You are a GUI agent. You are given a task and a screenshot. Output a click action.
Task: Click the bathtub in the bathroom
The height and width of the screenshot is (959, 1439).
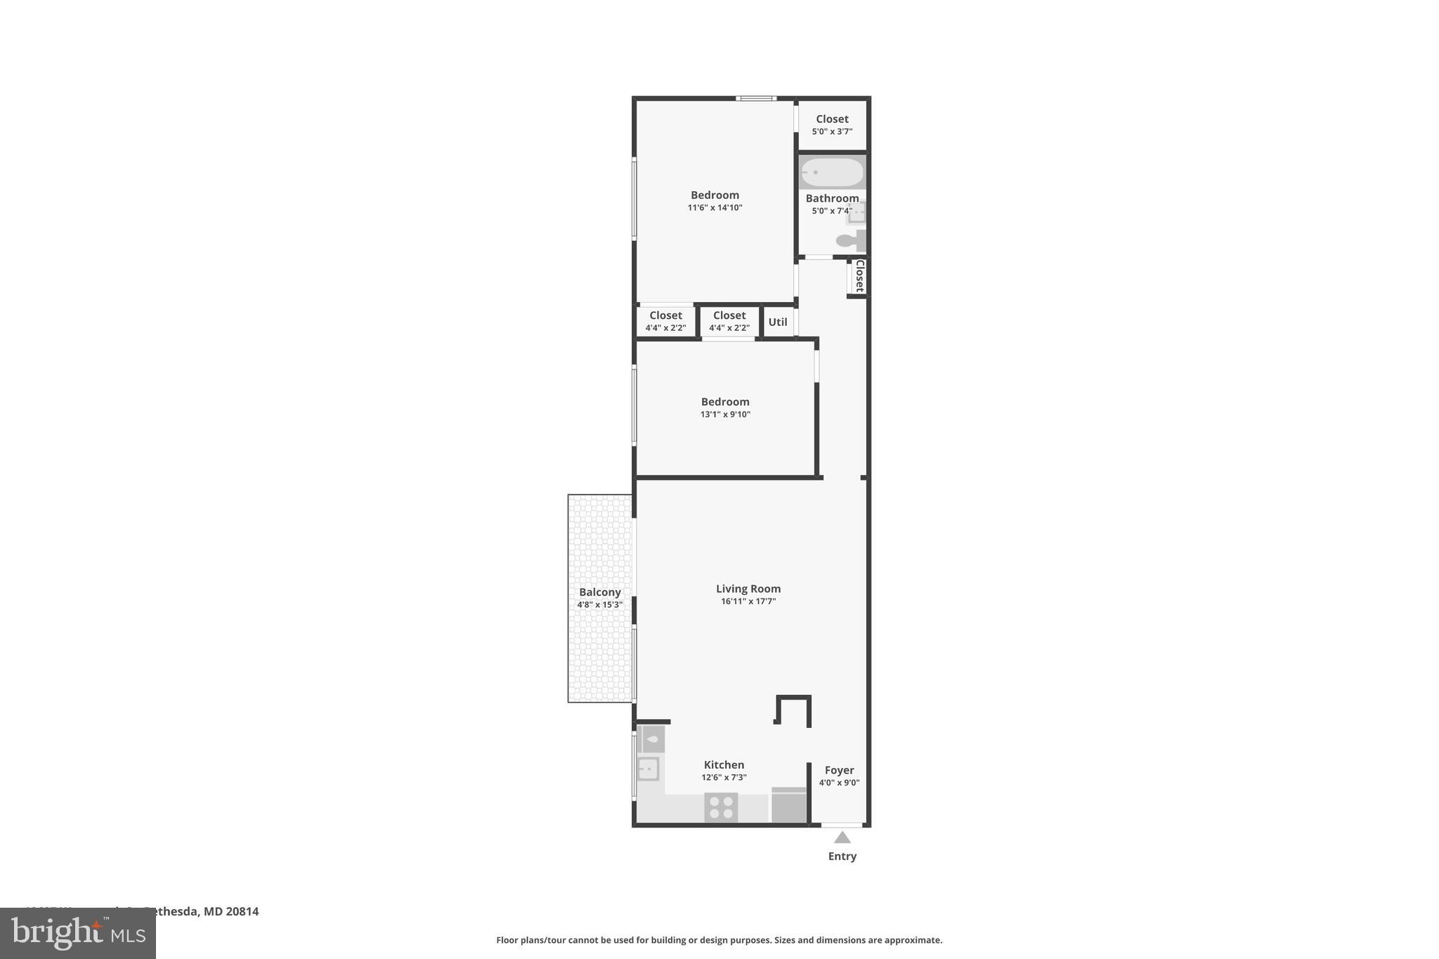(832, 172)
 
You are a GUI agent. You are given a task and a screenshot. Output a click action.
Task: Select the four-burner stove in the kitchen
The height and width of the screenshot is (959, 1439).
(721, 807)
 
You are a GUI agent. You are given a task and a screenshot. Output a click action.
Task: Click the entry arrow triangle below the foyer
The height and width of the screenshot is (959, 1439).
(842, 837)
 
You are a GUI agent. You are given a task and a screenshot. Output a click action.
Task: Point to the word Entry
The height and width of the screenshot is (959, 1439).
(842, 856)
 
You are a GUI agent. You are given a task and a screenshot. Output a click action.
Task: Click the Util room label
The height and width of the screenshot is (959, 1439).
(778, 322)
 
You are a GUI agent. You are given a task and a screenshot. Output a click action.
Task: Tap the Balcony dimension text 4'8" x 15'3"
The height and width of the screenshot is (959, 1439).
(599, 604)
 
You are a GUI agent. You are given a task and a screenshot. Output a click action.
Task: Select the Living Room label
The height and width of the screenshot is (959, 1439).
(748, 589)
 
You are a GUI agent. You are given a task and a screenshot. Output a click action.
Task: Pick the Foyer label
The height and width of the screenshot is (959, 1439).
(839, 770)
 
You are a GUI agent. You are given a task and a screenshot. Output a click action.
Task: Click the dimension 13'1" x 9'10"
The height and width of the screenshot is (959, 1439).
(725, 415)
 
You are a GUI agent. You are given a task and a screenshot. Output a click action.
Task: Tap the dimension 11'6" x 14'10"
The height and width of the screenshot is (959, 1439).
(715, 207)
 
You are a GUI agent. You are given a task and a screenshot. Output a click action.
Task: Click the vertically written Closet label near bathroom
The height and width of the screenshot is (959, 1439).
(859, 275)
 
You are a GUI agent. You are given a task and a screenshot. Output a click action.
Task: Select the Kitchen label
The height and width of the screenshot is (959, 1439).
(724, 764)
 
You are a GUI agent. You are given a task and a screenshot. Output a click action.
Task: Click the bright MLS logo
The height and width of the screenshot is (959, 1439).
(77, 933)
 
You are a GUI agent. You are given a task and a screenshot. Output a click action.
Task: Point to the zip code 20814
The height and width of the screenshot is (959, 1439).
(242, 911)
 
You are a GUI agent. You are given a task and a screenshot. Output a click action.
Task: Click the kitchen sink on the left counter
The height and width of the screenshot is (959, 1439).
(648, 769)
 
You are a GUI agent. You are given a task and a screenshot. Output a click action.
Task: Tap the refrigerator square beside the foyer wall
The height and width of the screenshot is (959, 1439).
(788, 805)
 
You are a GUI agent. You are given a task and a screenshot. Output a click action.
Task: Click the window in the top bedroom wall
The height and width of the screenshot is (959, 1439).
(756, 98)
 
